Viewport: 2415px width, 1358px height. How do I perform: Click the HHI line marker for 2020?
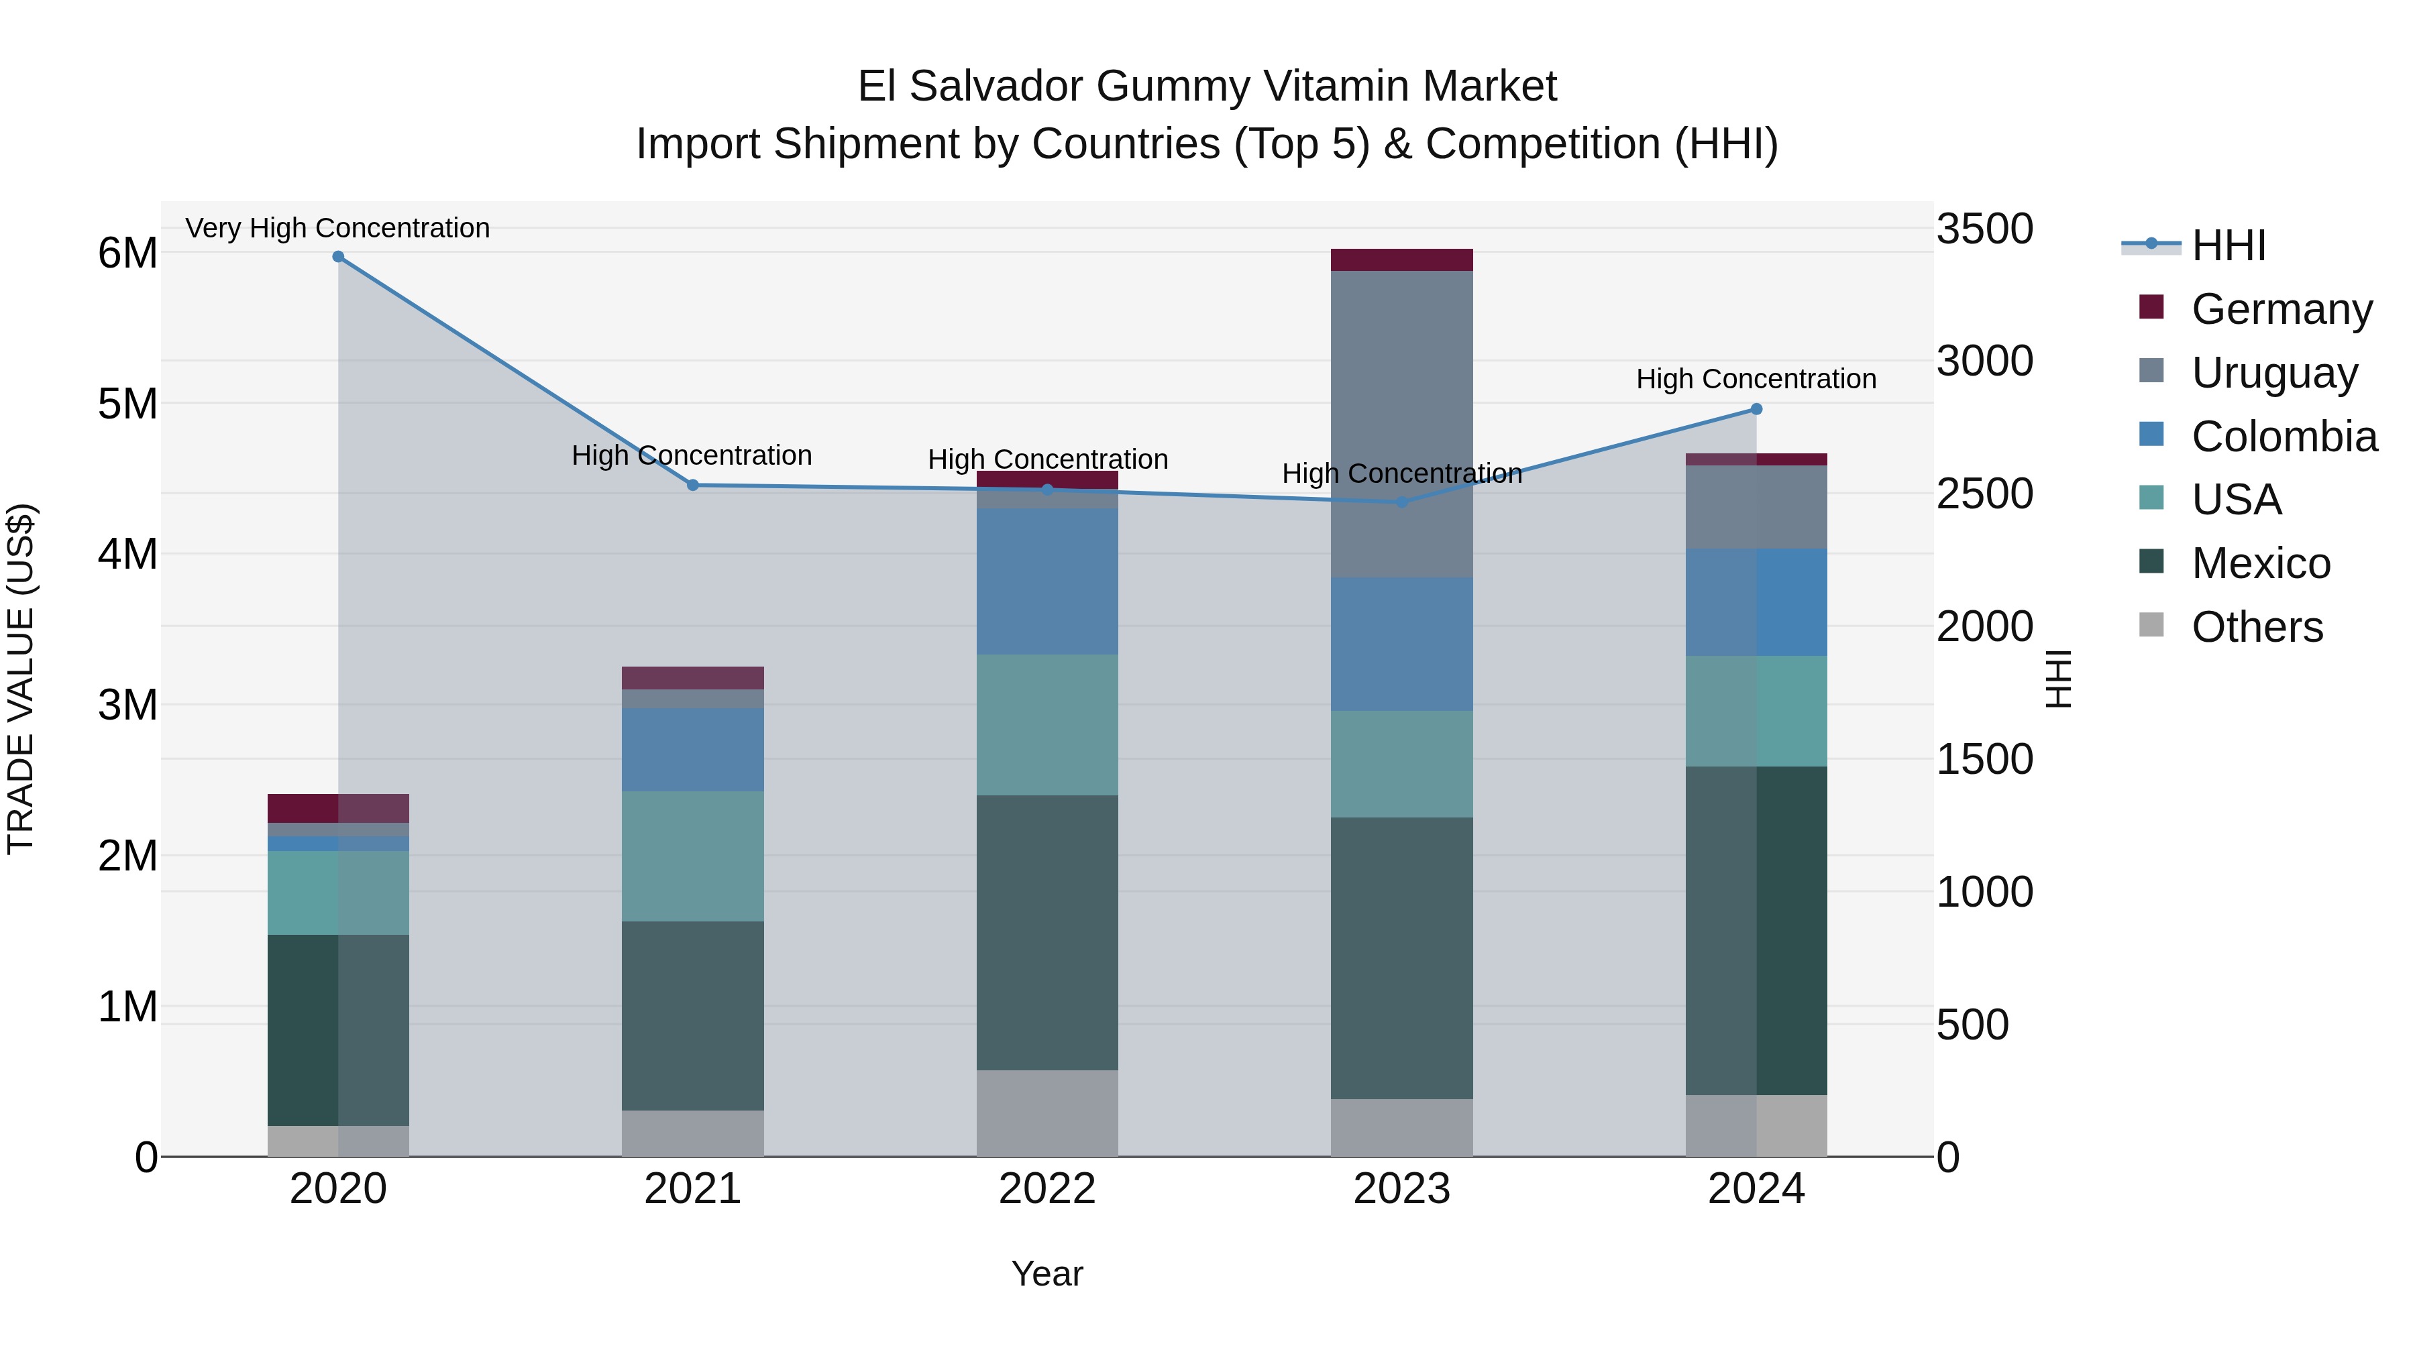339,257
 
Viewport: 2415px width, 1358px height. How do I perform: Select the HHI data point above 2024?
1756,410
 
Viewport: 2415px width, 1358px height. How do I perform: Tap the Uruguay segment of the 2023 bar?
1401,424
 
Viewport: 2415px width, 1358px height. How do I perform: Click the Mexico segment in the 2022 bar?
1047,933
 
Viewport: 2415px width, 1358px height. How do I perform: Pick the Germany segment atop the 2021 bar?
693,677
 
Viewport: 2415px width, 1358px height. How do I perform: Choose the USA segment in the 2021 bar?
693,856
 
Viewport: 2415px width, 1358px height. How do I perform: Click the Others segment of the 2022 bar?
1047,1113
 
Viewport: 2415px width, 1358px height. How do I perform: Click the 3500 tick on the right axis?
1985,229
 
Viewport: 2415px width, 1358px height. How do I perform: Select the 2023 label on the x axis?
1401,1188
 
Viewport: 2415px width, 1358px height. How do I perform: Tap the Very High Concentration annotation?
337,228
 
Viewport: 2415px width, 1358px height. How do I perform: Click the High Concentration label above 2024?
1756,379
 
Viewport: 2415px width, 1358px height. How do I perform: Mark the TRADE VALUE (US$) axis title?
21,679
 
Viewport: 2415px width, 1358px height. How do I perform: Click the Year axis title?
1047,1274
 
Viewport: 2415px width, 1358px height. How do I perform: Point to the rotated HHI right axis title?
2058,679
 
